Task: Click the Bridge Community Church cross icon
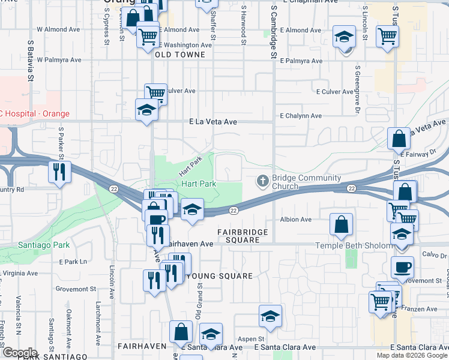(x=262, y=181)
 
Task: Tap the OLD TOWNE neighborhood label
(x=180, y=55)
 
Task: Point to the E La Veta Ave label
(x=213, y=122)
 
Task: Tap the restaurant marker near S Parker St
(x=59, y=172)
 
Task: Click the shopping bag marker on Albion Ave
(x=341, y=224)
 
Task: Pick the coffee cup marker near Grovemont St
(x=402, y=266)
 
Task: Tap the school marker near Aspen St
(x=270, y=316)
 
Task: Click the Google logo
(x=20, y=353)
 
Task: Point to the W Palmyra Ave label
(x=59, y=60)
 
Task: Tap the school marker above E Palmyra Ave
(x=345, y=37)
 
